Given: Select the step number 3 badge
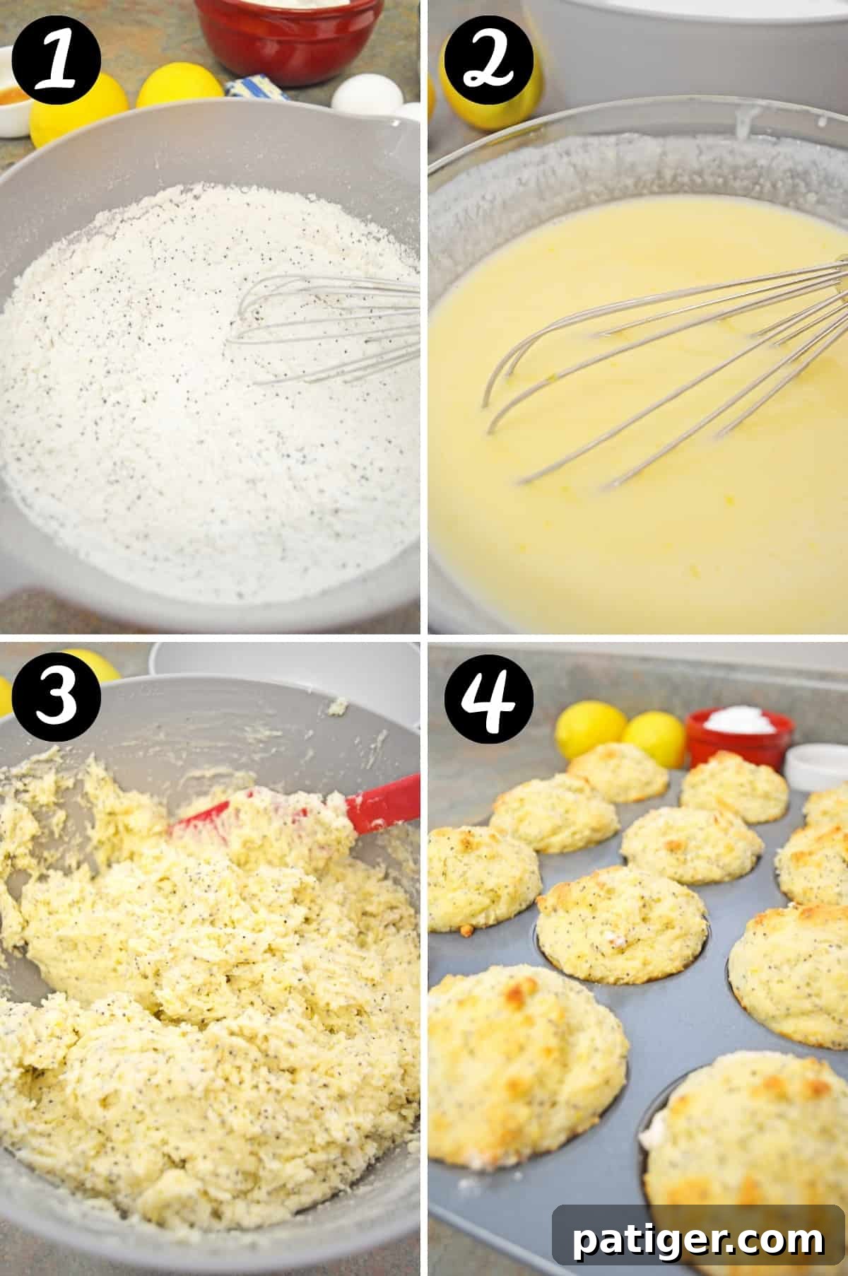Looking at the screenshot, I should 57,696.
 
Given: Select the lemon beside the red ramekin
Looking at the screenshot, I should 654,735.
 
